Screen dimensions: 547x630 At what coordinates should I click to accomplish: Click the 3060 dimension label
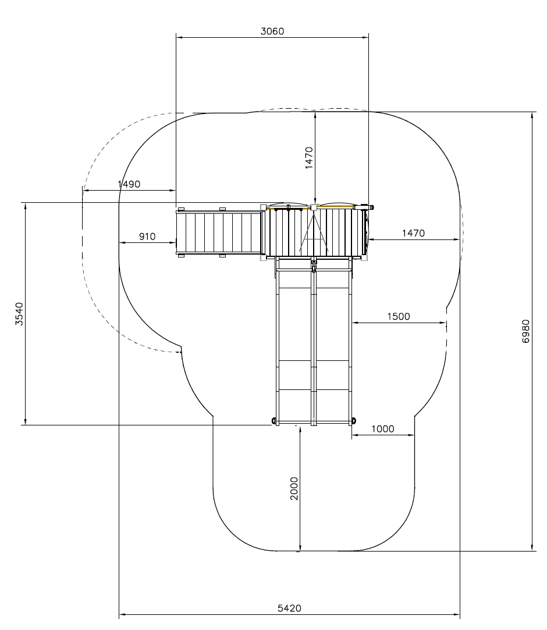(272, 31)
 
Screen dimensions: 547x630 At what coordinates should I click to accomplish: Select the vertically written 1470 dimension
(309, 158)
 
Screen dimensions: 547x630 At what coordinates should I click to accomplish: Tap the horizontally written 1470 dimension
(414, 233)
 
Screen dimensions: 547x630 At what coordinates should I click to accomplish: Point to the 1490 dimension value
(129, 184)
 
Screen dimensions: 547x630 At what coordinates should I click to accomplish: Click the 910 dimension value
(147, 237)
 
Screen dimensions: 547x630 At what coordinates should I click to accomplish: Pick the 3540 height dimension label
(19, 314)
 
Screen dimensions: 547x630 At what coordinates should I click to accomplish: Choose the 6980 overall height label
(525, 331)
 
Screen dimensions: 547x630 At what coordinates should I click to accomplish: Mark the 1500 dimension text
(399, 317)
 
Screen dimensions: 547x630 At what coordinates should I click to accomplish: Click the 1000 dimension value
(383, 429)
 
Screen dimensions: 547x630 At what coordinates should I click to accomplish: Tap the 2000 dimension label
(294, 488)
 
